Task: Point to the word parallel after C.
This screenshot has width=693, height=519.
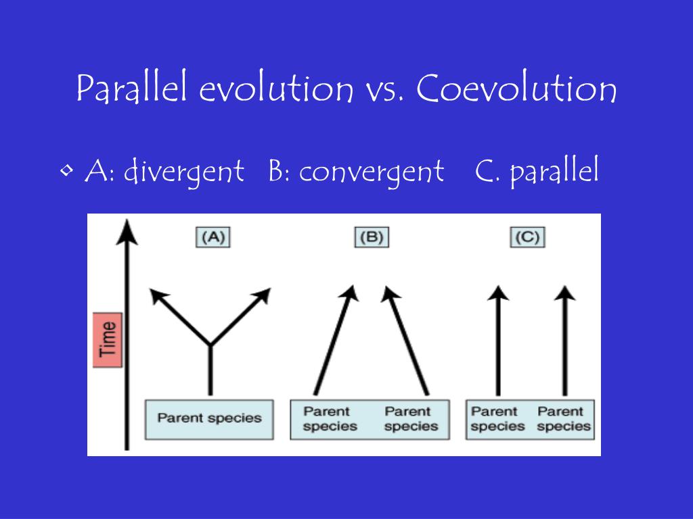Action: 554,172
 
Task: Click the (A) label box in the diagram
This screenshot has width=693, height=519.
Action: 213,238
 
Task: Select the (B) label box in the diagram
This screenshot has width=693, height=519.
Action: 372,238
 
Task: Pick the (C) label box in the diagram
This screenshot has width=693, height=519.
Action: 527,238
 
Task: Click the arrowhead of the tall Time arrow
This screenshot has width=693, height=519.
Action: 126,233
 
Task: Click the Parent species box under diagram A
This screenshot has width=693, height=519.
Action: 209,418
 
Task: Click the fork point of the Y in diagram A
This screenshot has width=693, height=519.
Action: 210,345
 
